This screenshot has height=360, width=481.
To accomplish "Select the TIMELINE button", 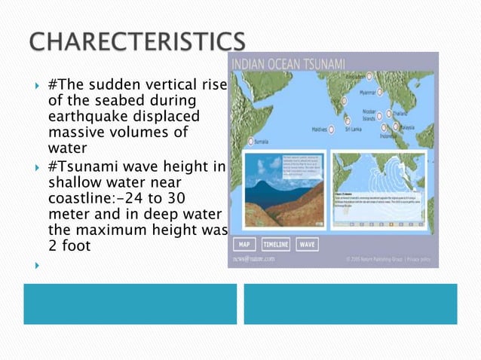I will click(x=275, y=244).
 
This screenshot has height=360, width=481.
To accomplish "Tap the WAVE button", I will click(x=307, y=244).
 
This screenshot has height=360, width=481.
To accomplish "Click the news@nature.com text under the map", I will click(x=253, y=259).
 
